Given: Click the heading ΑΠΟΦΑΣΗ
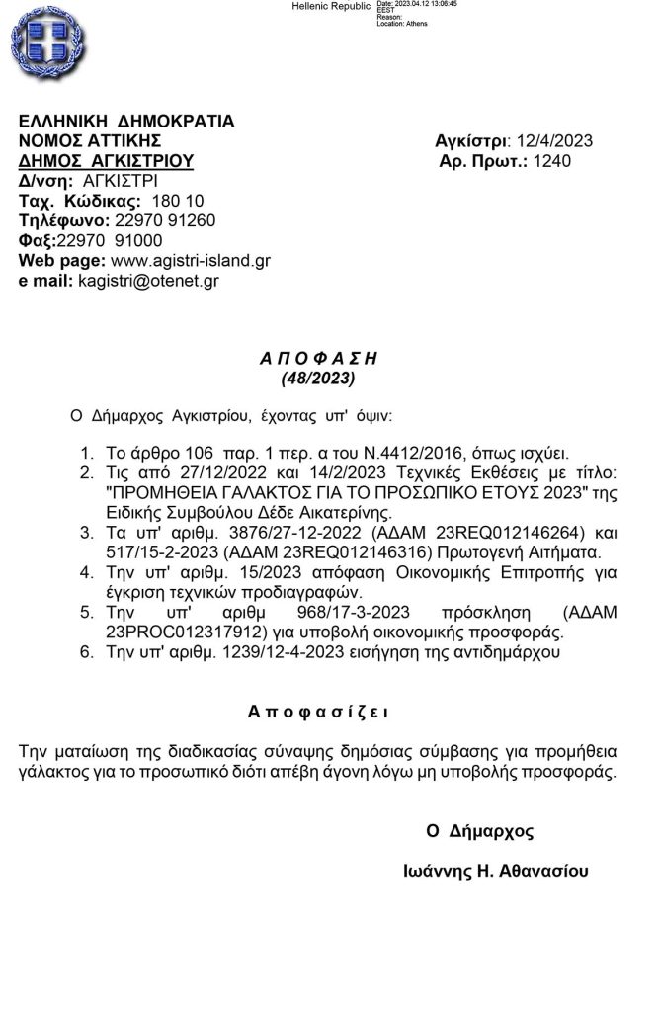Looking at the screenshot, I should [312, 358].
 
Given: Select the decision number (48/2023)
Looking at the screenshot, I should [312, 377].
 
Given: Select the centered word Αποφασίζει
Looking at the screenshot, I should [318, 711].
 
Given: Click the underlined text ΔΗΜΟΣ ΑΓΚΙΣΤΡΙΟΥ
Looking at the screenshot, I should [107, 161].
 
